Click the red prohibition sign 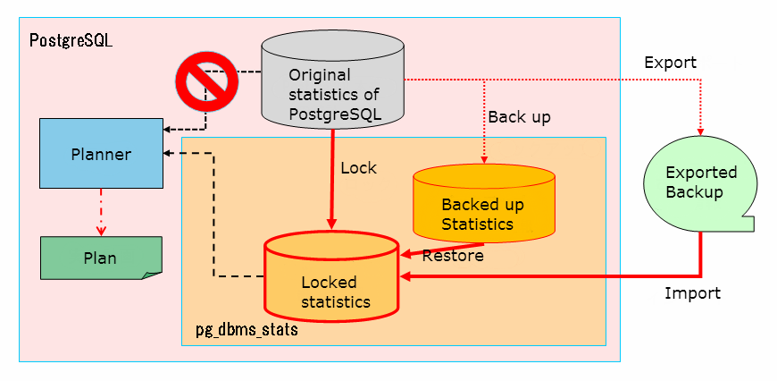[x=206, y=80]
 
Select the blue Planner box [x=101, y=154]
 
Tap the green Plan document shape [x=101, y=258]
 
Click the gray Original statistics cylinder [x=332, y=85]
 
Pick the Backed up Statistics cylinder [x=483, y=205]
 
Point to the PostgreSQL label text [x=71, y=41]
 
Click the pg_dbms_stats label [x=246, y=330]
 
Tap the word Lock [x=359, y=167]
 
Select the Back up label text [x=519, y=116]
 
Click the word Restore [x=453, y=256]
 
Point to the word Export [x=670, y=63]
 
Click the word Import [x=692, y=293]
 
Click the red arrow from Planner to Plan [x=101, y=211]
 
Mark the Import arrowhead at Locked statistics [x=405, y=277]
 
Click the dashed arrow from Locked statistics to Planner [x=213, y=215]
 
